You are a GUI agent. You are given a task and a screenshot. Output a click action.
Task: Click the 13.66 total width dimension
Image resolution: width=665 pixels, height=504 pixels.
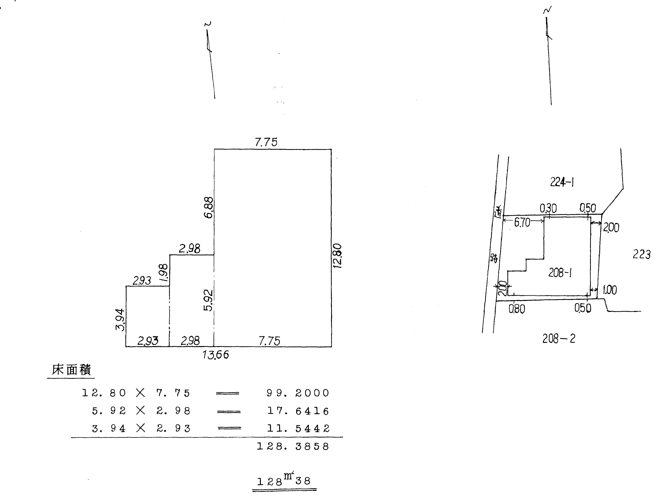[216, 355]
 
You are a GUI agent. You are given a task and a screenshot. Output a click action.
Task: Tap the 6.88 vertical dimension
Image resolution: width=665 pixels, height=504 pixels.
[208, 208]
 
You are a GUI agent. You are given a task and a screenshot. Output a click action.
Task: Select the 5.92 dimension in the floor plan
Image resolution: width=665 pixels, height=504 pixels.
[208, 300]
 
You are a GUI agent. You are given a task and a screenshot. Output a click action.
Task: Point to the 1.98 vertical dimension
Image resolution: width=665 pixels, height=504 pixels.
[164, 272]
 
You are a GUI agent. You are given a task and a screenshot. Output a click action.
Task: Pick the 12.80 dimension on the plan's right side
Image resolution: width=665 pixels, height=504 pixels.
[338, 256]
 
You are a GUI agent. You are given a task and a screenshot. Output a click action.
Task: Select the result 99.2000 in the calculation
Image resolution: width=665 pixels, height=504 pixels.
[298, 393]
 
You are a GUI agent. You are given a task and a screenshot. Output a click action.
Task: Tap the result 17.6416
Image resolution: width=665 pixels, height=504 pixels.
[298, 411]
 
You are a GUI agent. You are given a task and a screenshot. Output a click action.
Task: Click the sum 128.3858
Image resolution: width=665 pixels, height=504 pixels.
[293, 446]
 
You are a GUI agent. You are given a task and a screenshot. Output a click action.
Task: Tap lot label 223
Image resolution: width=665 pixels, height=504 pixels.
[642, 254]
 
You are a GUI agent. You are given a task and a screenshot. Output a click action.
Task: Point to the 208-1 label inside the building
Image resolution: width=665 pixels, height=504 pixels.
[560, 273]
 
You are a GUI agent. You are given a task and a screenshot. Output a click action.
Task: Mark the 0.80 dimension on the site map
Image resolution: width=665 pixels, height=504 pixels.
[517, 309]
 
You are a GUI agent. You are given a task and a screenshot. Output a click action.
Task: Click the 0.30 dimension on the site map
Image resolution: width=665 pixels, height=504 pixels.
[548, 208]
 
